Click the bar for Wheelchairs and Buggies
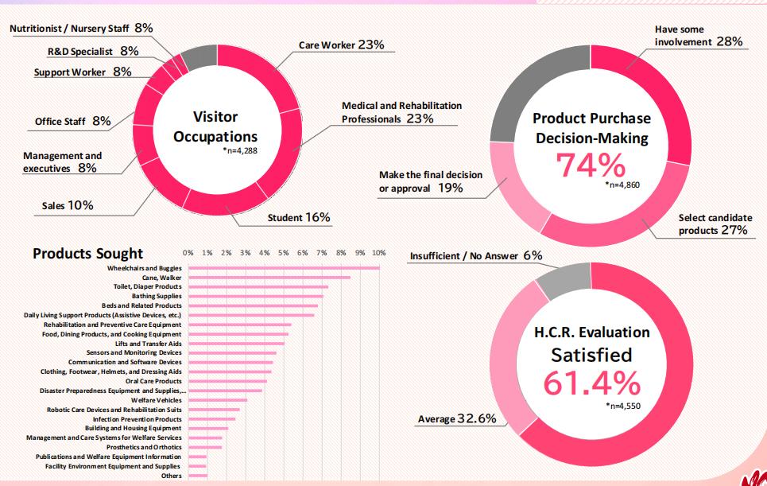[283, 268]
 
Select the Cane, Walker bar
[269, 278]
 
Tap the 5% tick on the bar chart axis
[284, 253]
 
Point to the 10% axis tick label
[378, 253]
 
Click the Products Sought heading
[87, 254]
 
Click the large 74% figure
[591, 165]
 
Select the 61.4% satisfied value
[592, 383]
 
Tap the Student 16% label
[299, 217]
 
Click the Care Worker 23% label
[341, 45]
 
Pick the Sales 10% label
[68, 206]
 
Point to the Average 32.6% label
[457, 418]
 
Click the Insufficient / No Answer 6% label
[475, 255]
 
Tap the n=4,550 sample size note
[622, 405]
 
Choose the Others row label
[171, 476]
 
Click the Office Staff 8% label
[72, 122]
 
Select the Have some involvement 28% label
[698, 36]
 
